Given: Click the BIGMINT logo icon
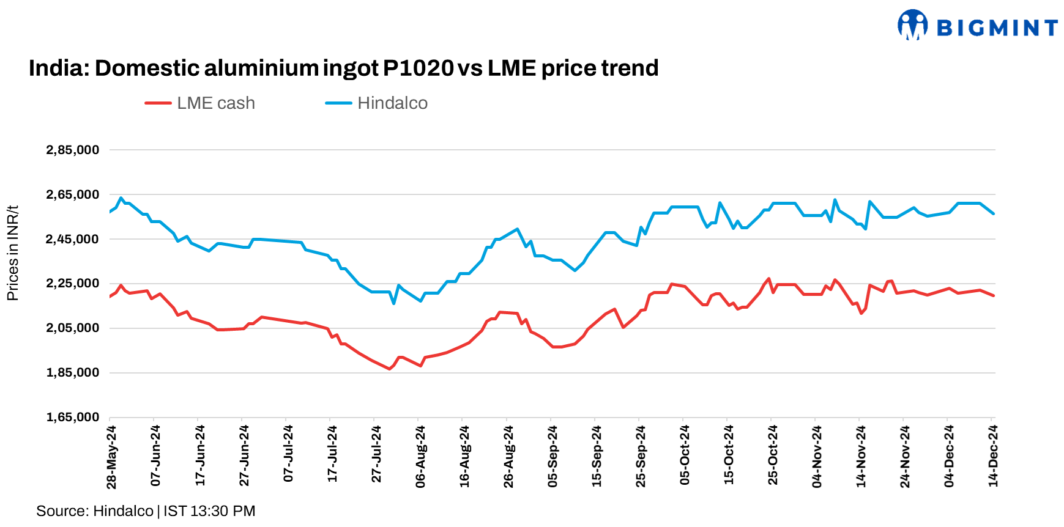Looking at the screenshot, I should pos(912,25).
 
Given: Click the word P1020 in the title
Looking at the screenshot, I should pos(418,68).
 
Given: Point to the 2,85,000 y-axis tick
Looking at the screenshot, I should pos(72,150).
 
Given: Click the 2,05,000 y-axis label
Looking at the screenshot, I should pos(72,328).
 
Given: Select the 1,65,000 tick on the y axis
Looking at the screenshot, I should pos(72,417).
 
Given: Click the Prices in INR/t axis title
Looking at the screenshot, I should pos(12,253).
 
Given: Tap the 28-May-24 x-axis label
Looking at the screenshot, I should pos(111,457).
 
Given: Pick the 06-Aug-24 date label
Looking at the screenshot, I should pos(420,457).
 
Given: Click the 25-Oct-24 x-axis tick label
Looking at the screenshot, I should pos(773,455).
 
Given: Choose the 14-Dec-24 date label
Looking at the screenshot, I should pos(993,456).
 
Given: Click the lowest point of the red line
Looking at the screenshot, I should pos(389,369).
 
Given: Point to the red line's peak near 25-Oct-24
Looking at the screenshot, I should pos(768,279).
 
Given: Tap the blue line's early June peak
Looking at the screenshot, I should pos(121,198).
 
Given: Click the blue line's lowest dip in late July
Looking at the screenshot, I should pos(393,303).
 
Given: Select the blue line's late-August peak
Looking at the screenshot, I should pos(518,229).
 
